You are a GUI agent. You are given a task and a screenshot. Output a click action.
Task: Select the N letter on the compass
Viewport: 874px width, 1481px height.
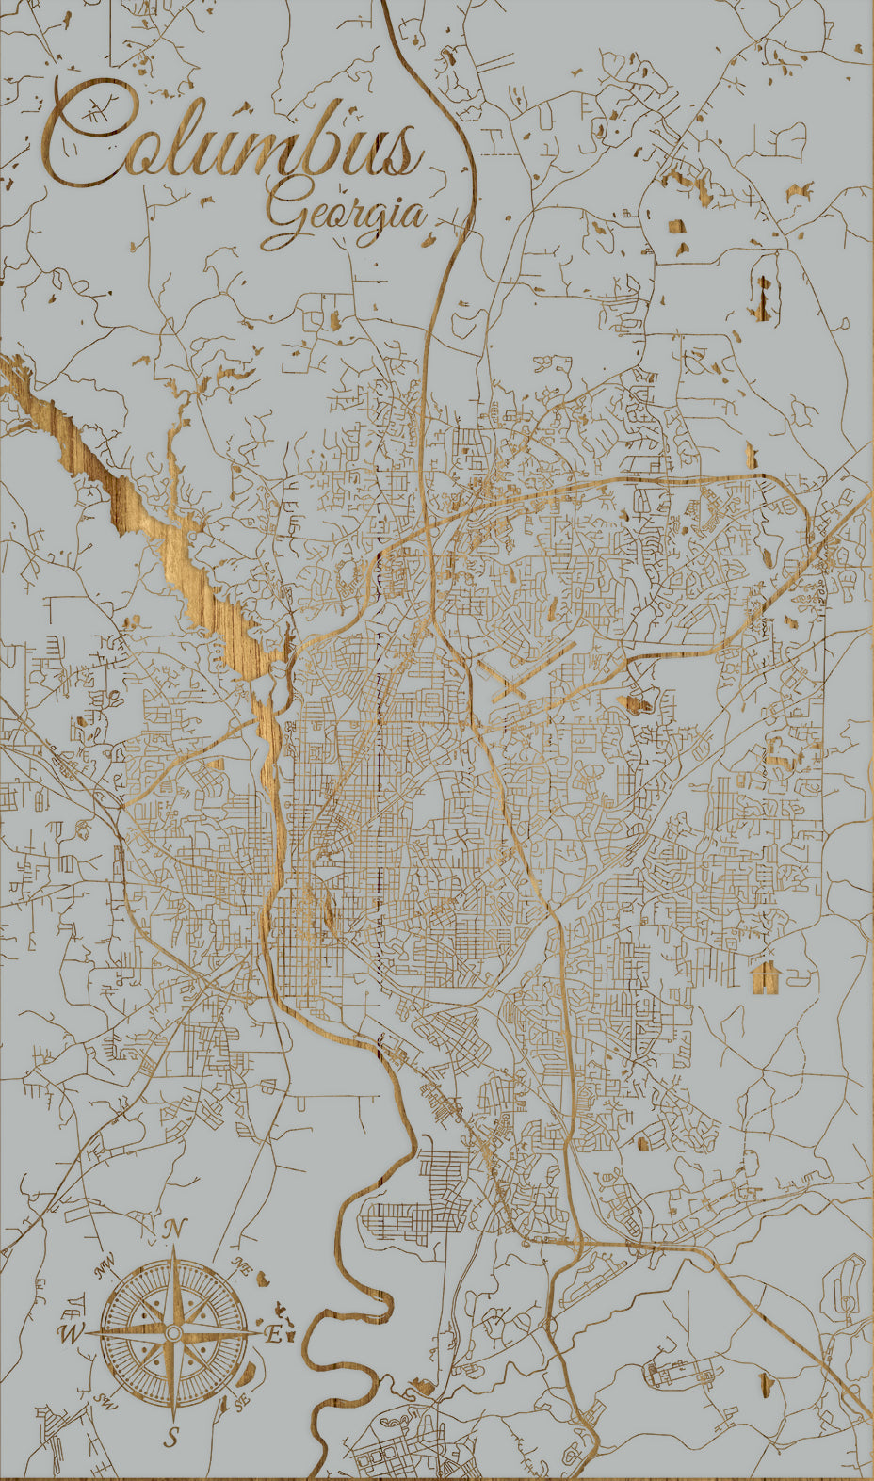click(x=173, y=1229)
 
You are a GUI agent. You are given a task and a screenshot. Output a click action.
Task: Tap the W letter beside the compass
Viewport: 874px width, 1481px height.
click(x=70, y=1333)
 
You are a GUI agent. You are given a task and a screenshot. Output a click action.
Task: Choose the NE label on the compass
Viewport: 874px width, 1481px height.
click(x=241, y=1266)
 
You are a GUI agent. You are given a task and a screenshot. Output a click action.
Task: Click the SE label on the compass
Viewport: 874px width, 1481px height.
click(x=241, y=1402)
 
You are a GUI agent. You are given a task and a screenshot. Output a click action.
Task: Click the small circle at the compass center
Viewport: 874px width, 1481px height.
click(x=173, y=1333)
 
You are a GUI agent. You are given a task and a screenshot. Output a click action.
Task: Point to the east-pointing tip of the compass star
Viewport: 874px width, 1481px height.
click(x=262, y=1333)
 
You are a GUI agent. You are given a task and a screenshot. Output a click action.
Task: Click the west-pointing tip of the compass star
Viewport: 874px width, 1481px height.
click(x=87, y=1333)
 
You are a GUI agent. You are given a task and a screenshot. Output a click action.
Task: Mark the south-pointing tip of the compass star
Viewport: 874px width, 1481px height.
click(x=173, y=1419)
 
